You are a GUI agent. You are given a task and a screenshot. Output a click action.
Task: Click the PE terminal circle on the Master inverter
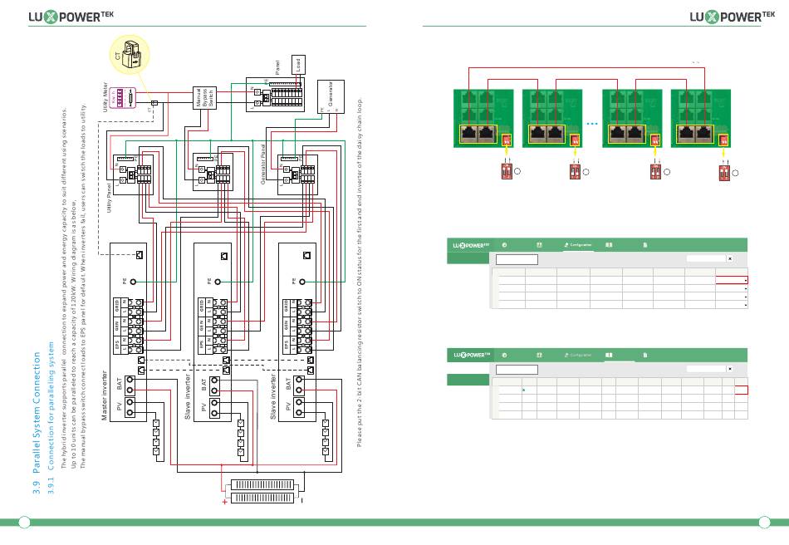point(133,282)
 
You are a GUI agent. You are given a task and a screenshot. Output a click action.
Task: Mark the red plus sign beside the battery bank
point(225,501)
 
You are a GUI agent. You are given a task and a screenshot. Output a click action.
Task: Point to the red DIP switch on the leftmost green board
point(507,140)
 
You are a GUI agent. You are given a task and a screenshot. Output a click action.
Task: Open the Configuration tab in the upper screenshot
point(579,245)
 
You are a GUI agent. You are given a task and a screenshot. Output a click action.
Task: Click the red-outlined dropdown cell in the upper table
point(732,281)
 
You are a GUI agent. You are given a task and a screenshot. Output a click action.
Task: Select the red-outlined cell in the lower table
point(741,389)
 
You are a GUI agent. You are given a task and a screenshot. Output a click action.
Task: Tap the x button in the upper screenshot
point(729,258)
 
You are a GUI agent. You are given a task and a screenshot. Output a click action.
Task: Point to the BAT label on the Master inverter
point(120,385)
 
